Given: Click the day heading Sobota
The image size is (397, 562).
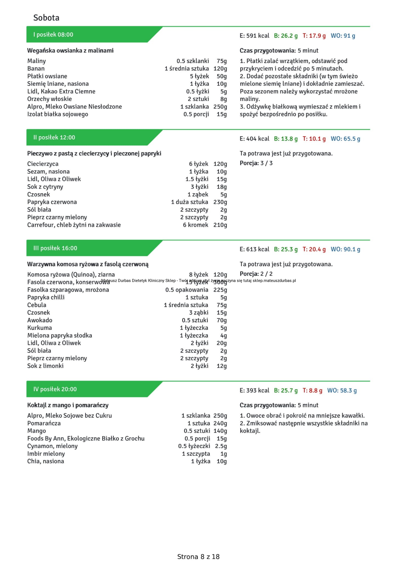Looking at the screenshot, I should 46,18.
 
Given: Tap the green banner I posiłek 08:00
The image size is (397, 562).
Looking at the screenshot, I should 53,35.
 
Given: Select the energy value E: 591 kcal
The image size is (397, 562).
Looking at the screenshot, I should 254,36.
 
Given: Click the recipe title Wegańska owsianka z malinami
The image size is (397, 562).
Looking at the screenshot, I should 70,51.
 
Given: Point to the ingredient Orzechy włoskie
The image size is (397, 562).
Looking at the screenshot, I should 49,99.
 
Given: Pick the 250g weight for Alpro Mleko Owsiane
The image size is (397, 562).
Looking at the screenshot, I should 220,107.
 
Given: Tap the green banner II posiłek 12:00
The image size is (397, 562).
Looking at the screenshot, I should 54,138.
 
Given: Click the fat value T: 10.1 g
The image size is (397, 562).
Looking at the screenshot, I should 314,139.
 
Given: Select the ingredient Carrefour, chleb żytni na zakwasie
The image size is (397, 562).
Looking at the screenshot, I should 74,225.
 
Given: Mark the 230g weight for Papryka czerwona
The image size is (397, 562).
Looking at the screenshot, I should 220,202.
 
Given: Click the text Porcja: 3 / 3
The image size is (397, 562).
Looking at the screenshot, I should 256,163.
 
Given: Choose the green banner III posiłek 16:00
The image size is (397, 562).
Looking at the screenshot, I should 55,248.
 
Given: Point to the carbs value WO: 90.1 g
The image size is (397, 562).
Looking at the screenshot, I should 345,249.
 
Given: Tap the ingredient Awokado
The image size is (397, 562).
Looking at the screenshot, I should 40,320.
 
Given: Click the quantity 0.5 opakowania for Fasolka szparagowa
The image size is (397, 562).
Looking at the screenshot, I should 187,290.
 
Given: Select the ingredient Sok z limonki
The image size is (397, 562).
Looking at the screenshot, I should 45,366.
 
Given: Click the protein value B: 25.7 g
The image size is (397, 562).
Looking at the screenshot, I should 286,390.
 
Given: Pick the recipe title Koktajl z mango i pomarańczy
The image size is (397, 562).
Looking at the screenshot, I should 68,405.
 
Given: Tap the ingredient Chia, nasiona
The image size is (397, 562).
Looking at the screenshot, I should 46,461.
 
